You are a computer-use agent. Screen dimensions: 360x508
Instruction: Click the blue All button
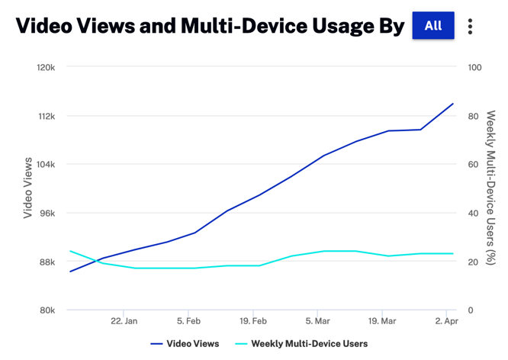coord(432,26)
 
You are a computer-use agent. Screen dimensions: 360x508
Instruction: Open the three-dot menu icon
coord(470,27)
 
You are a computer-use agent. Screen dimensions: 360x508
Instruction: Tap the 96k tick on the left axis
coord(46,214)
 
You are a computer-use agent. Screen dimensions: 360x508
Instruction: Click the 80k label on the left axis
coord(46,310)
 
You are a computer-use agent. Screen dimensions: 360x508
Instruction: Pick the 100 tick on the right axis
coord(474,68)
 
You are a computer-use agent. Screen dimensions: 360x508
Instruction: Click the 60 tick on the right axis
coord(473,165)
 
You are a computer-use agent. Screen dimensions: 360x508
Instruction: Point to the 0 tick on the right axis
coord(471,310)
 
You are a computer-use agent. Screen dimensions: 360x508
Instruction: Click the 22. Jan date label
coord(124,322)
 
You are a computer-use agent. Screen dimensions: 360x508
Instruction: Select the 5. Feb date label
coord(188,322)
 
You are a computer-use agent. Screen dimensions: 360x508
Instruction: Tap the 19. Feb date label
coord(253,322)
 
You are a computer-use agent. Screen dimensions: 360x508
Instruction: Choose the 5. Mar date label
coord(317,322)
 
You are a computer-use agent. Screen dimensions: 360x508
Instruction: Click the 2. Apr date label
coord(446,322)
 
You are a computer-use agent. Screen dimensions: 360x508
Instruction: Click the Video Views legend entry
coord(185,344)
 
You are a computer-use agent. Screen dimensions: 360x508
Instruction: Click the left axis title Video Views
coord(27,188)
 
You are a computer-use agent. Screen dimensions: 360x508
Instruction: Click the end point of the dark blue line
coord(453,104)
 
